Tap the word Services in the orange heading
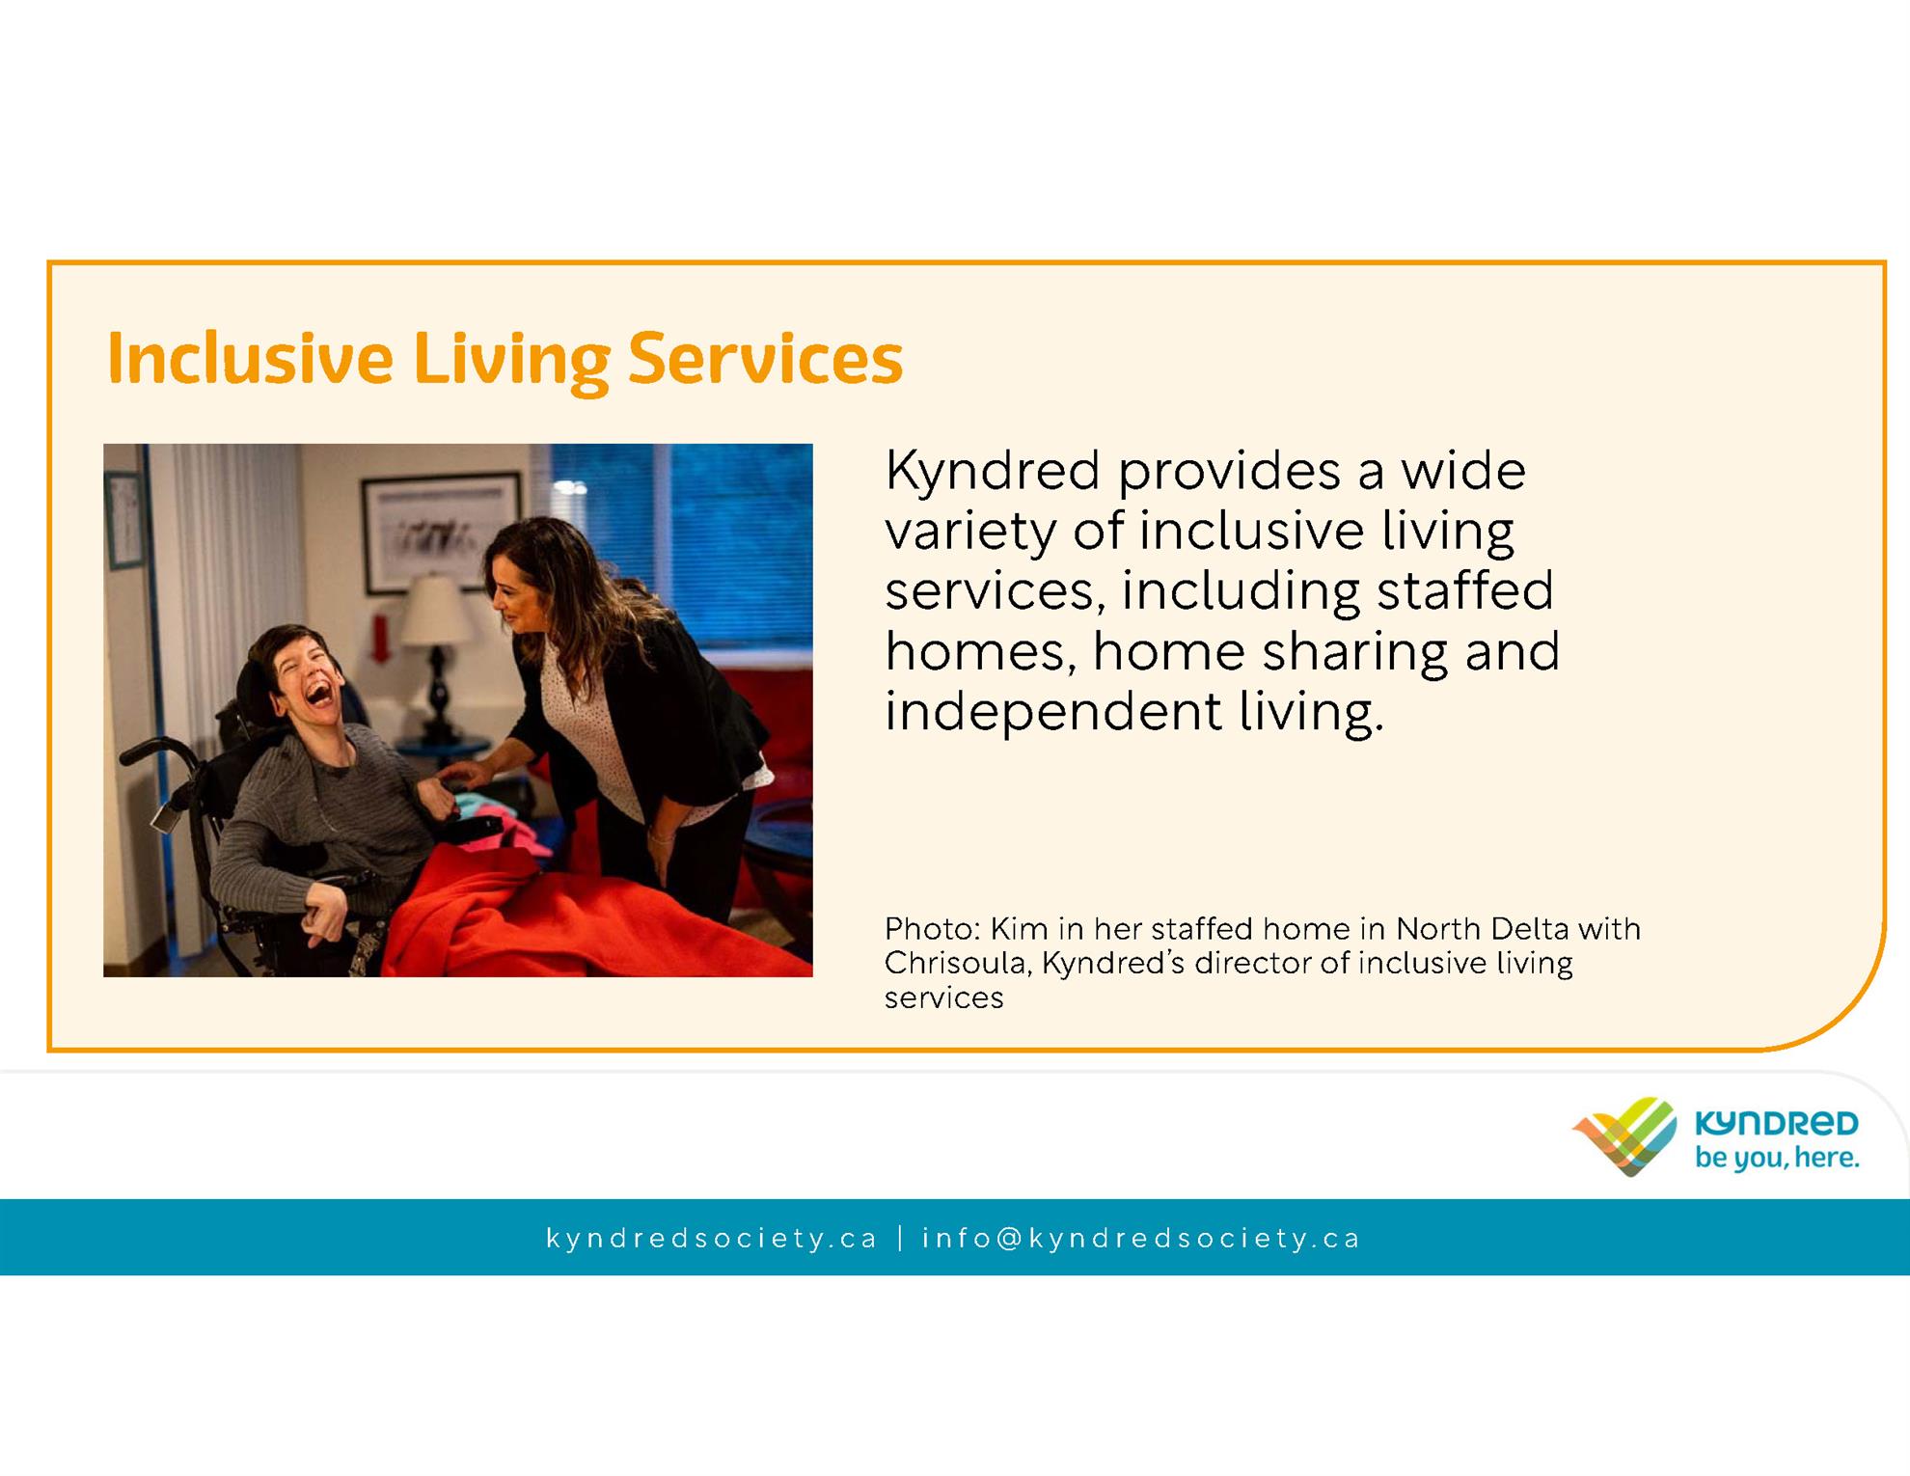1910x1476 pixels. [765, 358]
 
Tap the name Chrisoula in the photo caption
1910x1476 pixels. [955, 963]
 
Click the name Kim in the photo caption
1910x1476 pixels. [1019, 928]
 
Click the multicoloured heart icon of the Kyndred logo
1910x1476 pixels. [1625, 1135]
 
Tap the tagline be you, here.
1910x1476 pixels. [1777, 1158]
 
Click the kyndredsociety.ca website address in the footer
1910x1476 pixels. [712, 1238]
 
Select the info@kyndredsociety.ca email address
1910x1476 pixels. [1141, 1238]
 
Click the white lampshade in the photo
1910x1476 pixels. [436, 611]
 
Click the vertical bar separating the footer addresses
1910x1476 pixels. [900, 1238]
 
